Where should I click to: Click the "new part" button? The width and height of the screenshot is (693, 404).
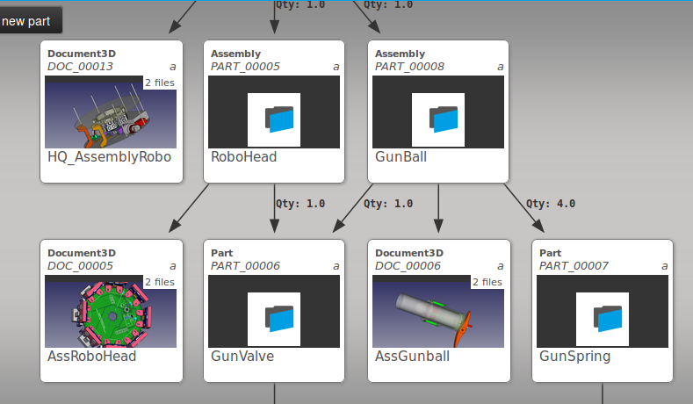tap(26, 20)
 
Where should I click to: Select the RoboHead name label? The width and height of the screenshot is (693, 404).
tap(244, 158)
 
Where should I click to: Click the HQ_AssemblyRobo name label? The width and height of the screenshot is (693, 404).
tap(109, 158)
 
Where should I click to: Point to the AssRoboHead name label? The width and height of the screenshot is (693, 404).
tap(91, 357)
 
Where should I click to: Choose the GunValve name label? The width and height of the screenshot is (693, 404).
tap(242, 357)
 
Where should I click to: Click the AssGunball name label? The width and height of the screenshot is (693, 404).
tap(412, 357)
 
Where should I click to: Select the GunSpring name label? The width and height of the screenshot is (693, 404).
tap(574, 357)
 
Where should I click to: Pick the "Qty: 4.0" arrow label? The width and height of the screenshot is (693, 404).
tap(551, 204)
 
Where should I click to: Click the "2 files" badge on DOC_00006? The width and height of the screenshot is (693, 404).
tap(487, 282)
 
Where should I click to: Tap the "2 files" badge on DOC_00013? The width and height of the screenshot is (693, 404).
tap(159, 83)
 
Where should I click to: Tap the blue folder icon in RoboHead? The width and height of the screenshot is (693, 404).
tap(278, 119)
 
